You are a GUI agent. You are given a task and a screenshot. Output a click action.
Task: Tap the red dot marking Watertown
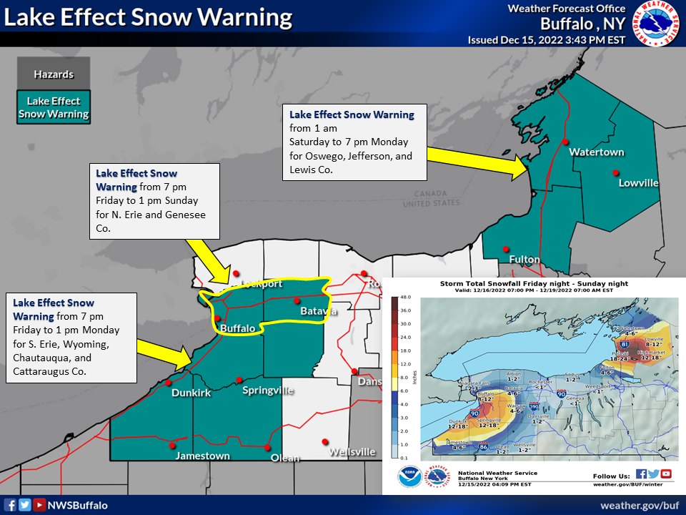coord(566,141)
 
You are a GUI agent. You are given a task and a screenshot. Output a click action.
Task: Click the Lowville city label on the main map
coord(638,183)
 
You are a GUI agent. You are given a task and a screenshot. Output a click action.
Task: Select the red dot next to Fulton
coord(505,249)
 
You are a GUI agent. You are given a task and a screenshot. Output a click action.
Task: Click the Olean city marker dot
coord(267,448)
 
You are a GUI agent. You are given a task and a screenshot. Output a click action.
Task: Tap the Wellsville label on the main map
coord(352,452)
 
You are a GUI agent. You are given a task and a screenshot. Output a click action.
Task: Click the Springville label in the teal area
coord(268,391)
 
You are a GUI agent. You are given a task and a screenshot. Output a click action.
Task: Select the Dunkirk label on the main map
coord(191,393)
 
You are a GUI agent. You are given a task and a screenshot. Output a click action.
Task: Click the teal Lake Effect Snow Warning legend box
coord(54,107)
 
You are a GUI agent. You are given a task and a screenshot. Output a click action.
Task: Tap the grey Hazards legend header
coord(54,74)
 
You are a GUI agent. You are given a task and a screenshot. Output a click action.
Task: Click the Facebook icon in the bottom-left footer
coord(9,505)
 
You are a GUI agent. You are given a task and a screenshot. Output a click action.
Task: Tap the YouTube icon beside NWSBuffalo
coord(39,505)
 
